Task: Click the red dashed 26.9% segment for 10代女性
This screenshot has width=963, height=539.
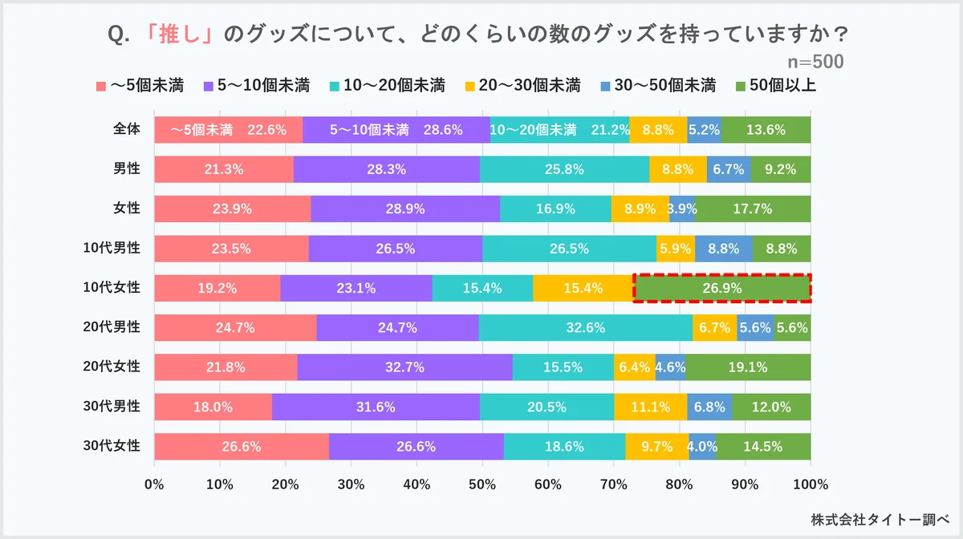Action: click(722, 288)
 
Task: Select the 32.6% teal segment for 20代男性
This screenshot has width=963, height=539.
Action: click(586, 327)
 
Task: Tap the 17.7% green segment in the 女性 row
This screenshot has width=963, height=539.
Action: click(753, 209)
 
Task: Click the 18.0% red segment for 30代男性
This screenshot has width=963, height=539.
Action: click(213, 407)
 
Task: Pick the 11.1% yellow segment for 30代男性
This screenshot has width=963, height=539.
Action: click(651, 407)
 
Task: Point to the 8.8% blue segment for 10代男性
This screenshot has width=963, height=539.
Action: click(724, 249)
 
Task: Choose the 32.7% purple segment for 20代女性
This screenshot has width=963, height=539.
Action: click(404, 367)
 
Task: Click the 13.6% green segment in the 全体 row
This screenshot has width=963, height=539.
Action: click(766, 130)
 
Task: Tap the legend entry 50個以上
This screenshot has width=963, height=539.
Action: click(776, 85)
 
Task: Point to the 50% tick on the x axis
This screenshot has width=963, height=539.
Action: click(482, 484)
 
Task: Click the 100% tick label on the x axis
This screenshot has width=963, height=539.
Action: click(811, 484)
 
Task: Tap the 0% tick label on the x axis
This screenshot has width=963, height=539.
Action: click(154, 484)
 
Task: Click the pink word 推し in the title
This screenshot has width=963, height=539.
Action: click(181, 35)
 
